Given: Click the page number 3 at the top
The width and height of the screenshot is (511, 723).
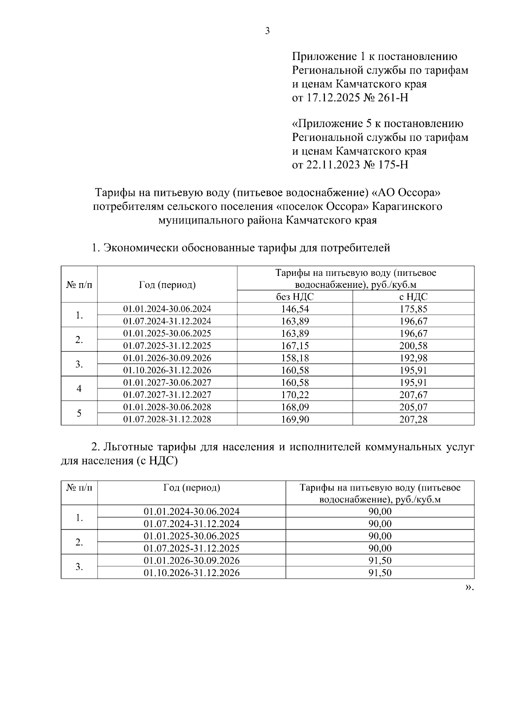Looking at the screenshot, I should click(267, 31).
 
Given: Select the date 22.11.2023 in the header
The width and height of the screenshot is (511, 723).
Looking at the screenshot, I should click(333, 165).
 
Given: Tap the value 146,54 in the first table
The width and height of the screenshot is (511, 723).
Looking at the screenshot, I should click(295, 309).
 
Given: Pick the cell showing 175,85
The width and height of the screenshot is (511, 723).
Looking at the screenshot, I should click(413, 309).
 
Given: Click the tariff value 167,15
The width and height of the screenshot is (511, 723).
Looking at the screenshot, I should click(295, 346).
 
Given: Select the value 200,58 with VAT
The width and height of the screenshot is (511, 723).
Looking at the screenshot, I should click(413, 346).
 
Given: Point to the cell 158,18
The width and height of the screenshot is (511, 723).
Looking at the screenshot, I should click(295, 358).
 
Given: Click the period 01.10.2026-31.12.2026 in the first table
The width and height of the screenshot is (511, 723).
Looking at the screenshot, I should click(167, 370).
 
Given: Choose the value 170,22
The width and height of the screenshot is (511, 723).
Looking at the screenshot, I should click(295, 395).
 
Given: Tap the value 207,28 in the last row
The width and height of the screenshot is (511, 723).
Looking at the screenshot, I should click(413, 419).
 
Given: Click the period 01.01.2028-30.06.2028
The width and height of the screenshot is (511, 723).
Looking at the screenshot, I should click(167, 407).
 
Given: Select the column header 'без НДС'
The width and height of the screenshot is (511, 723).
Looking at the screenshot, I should click(295, 297).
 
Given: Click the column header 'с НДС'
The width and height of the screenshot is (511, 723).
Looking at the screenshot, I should click(413, 297).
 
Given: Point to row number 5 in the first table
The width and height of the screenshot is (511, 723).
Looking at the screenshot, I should click(79, 413).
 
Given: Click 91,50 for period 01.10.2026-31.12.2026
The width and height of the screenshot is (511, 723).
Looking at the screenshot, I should click(380, 573).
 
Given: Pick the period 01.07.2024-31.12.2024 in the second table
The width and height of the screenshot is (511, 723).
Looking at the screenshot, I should click(191, 524).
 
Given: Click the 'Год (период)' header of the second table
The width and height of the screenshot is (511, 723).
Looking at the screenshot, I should click(191, 488).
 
